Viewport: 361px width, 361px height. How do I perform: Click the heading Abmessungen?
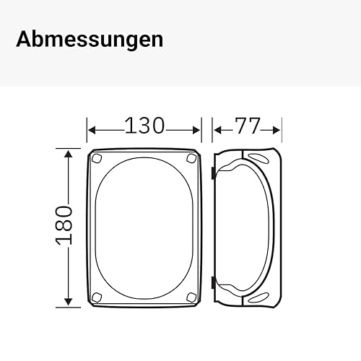(90, 40)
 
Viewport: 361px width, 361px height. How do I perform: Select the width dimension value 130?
(144, 126)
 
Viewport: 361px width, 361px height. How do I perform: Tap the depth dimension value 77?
(248, 126)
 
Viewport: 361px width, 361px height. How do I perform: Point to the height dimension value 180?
(64, 225)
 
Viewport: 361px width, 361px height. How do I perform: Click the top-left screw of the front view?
(97, 158)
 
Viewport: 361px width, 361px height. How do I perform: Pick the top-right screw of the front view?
(191, 158)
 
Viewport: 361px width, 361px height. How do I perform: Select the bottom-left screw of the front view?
(97, 297)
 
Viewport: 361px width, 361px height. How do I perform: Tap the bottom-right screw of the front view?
(191, 297)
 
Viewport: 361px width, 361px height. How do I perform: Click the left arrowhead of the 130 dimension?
(92, 131)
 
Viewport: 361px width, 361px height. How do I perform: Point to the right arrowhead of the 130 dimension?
(196, 131)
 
